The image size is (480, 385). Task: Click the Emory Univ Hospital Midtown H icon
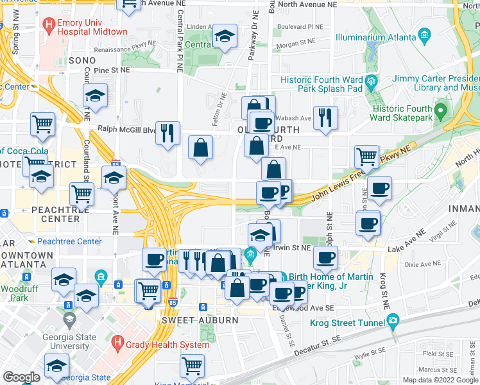48,25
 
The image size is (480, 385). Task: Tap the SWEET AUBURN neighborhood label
191,320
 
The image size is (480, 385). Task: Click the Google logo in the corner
21,377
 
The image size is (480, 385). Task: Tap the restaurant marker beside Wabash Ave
326,118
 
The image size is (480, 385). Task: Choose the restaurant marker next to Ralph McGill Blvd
167,133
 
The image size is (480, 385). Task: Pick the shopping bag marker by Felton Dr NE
201,148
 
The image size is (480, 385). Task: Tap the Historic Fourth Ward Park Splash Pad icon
370,81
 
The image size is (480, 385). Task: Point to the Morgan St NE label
295,43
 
